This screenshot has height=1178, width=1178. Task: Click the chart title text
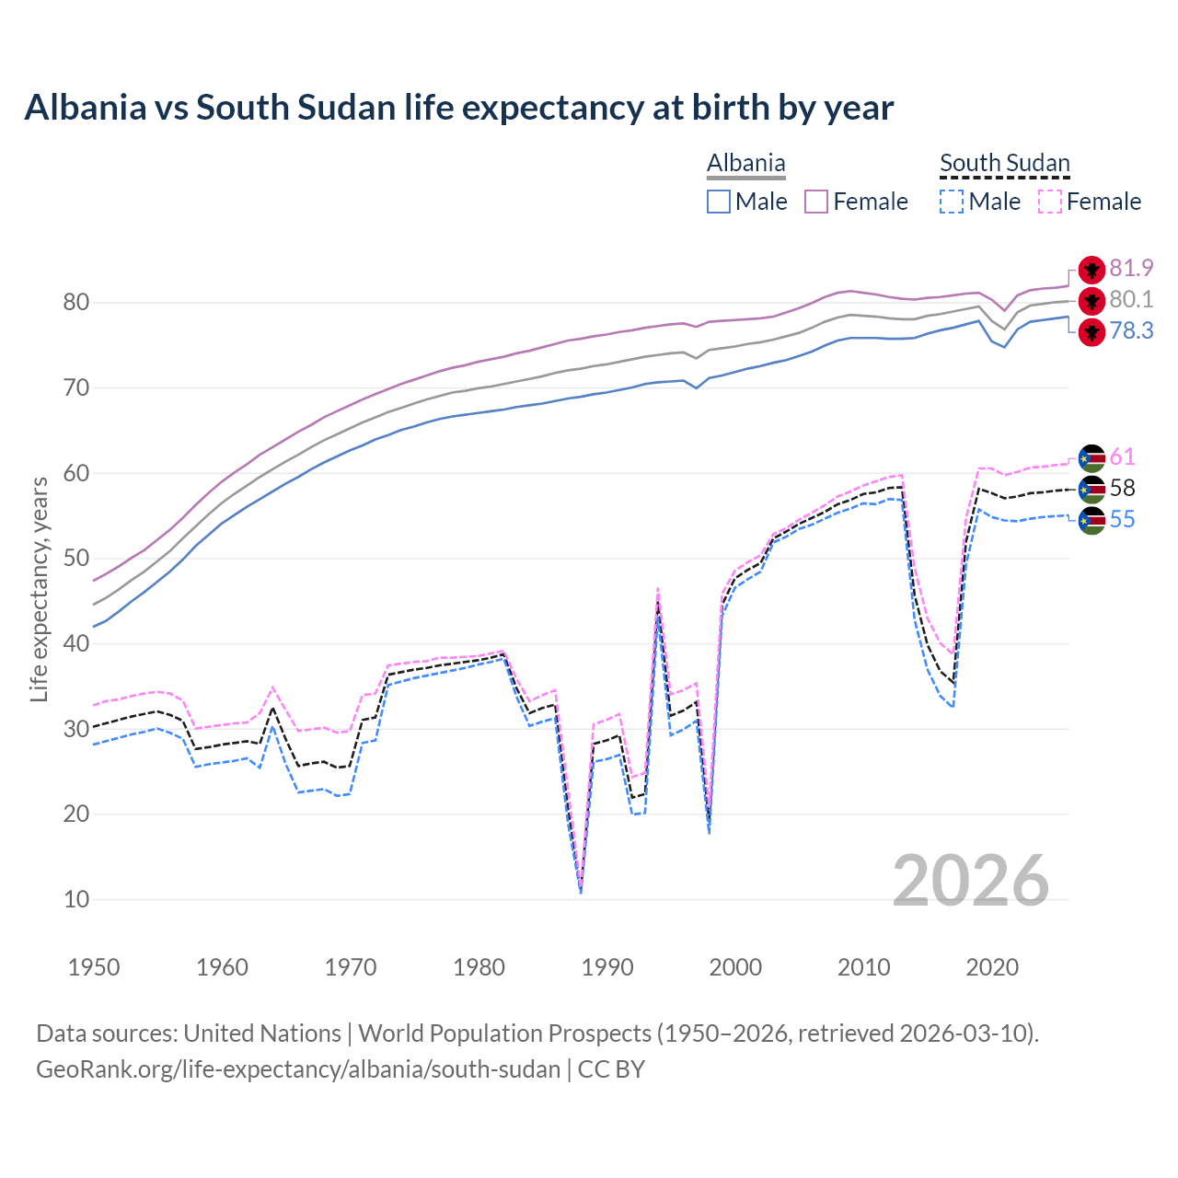tap(458, 108)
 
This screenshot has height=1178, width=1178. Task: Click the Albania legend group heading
tap(745, 164)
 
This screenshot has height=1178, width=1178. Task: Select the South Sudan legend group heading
tap(1004, 164)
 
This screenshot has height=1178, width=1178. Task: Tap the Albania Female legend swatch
tap(817, 202)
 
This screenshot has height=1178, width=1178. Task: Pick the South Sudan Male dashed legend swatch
tap(952, 202)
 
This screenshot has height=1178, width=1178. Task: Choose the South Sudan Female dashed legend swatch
tap(1050, 202)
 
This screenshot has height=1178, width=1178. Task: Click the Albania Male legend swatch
tap(719, 202)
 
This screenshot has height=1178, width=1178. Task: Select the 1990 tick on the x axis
tap(607, 967)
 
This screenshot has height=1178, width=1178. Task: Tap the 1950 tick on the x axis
tap(94, 967)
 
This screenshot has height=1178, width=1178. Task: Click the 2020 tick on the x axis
tap(992, 967)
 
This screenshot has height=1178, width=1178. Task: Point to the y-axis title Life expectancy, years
tap(39, 589)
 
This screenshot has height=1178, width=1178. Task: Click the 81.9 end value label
tap(1131, 268)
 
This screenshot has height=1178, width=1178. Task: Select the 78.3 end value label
tap(1131, 331)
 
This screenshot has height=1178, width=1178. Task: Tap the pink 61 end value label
tap(1122, 457)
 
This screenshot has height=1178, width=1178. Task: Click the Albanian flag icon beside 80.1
tap(1091, 300)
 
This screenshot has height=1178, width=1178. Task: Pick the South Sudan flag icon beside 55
tap(1091, 520)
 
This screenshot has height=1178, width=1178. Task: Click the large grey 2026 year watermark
tap(970, 881)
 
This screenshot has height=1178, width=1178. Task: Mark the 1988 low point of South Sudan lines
tap(581, 889)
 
